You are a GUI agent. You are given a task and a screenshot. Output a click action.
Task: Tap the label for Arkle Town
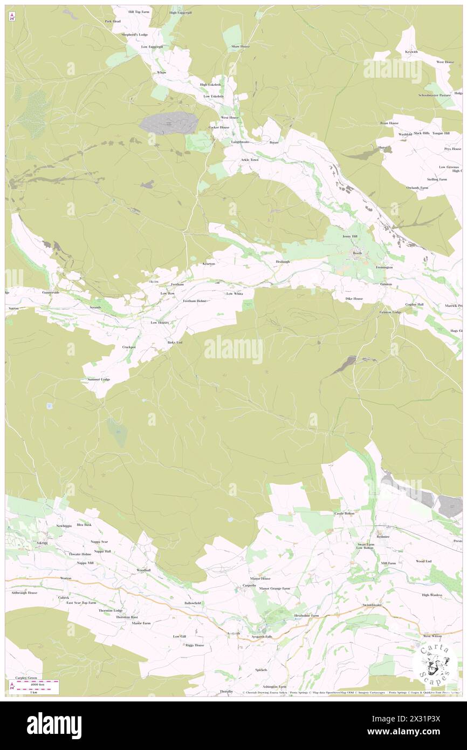pyautogui.click(x=250, y=160)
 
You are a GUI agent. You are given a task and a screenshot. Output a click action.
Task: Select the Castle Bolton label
pyautogui.click(x=345, y=514)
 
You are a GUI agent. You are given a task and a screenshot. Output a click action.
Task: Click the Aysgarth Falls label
pyautogui.click(x=262, y=637)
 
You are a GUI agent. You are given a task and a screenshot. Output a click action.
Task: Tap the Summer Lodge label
pyautogui.click(x=99, y=379)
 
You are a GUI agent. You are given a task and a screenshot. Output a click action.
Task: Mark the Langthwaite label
pyautogui.click(x=240, y=142)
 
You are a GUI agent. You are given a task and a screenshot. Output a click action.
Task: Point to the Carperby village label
pyautogui.click(x=249, y=585)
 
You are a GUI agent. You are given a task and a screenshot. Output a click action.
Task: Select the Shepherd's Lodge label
pyautogui.click(x=135, y=35)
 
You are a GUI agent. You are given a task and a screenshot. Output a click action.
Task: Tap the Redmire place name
pyautogui.click(x=383, y=537)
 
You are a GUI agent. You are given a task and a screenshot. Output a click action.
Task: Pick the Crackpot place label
pyautogui.click(x=129, y=347)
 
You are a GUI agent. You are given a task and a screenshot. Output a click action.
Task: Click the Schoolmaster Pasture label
pyautogui.click(x=434, y=95)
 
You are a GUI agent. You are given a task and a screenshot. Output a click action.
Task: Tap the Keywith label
pyautogui.click(x=411, y=52)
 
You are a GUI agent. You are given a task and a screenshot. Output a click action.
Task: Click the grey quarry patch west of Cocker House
pyautogui.click(x=169, y=123)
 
